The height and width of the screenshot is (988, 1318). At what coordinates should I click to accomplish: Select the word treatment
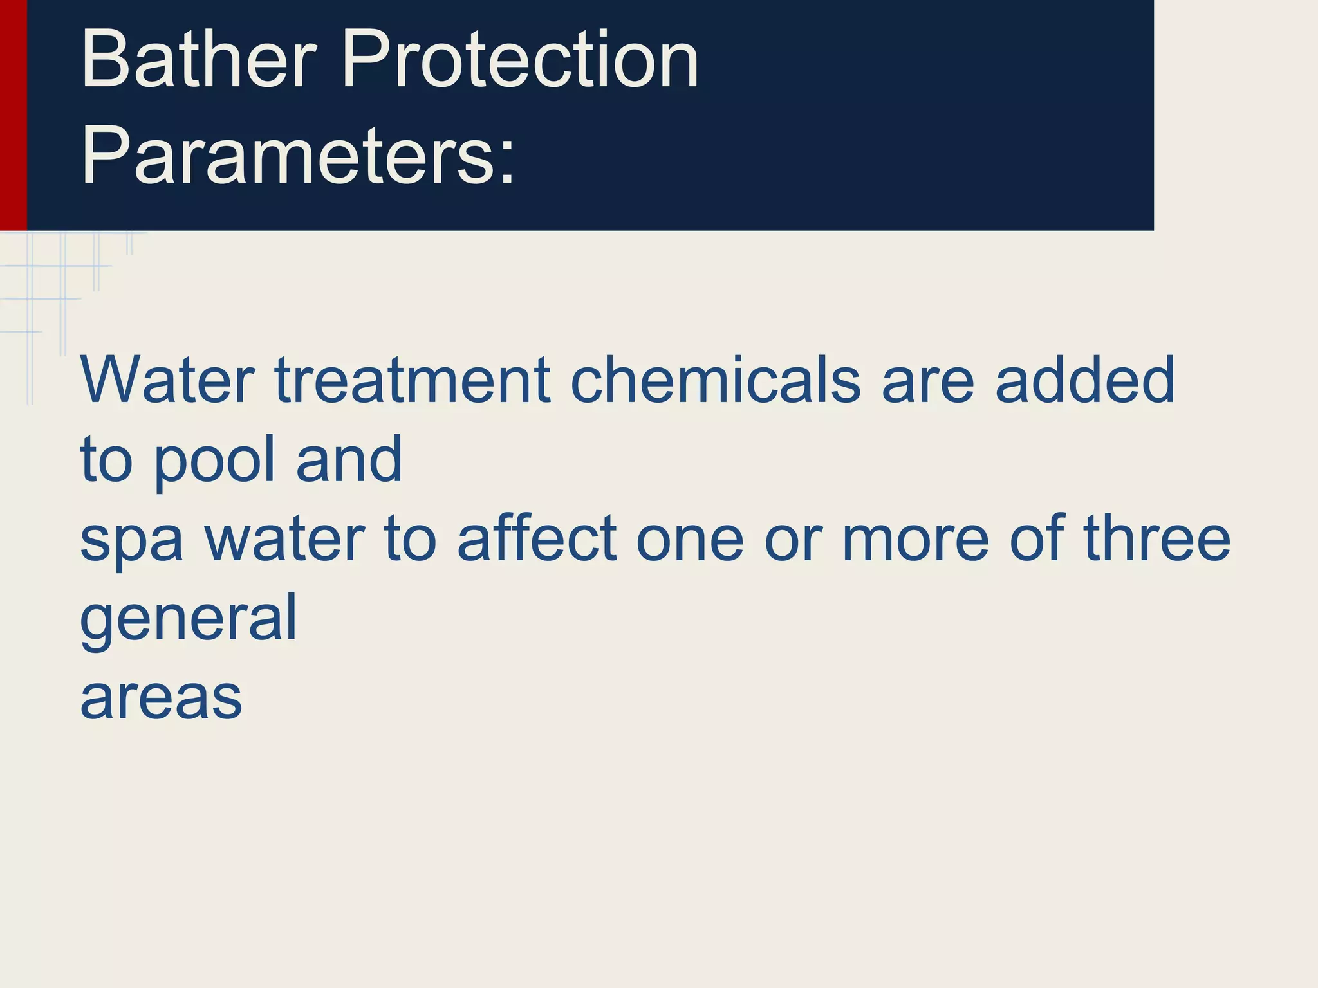click(x=413, y=381)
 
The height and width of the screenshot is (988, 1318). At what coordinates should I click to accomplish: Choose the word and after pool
click(x=349, y=459)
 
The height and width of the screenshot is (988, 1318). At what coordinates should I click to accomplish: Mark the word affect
click(x=537, y=539)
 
